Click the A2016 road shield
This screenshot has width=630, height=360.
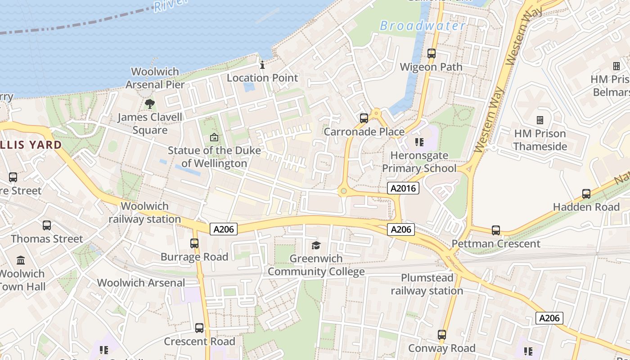[403, 188]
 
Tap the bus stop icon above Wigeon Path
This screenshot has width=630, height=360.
[432, 54]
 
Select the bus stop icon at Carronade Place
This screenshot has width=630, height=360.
[364, 118]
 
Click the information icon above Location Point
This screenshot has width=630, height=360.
[262, 65]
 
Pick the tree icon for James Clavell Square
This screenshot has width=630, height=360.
[150, 104]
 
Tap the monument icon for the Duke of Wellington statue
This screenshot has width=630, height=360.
[214, 137]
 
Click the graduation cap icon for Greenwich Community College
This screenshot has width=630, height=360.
[316, 246]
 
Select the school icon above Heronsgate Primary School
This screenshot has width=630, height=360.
[419, 143]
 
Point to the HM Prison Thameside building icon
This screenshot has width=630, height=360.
[540, 120]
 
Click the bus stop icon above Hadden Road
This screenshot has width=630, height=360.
[586, 194]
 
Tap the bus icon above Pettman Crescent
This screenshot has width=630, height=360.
[496, 230]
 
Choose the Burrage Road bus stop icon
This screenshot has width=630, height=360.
[194, 243]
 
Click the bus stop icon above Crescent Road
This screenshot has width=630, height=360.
[199, 328]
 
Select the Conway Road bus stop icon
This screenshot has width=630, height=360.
[442, 335]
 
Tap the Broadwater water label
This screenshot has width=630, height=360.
[423, 26]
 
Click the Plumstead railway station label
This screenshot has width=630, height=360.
[427, 284]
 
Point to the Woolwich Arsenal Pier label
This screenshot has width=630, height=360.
[155, 78]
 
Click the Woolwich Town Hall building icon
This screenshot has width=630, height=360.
[21, 261]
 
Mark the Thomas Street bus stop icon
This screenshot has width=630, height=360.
[47, 225]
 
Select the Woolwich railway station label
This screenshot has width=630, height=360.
[144, 212]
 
